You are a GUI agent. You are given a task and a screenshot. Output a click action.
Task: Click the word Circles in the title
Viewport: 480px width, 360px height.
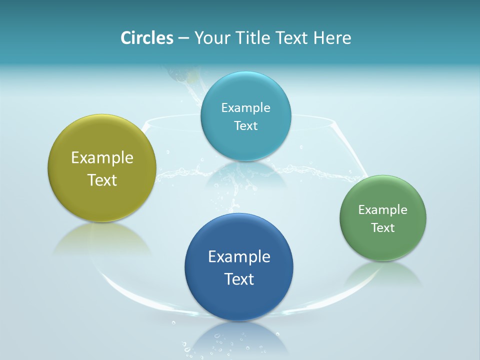[x=147, y=37]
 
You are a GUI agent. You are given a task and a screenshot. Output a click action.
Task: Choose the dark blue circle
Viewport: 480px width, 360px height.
[x=239, y=300]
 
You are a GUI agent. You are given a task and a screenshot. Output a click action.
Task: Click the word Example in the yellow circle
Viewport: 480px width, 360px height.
[x=102, y=158]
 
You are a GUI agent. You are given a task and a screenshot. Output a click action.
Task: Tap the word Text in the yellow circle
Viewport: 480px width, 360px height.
[x=102, y=180]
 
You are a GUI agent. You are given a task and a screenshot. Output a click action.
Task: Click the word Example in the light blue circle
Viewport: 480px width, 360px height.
[x=245, y=107]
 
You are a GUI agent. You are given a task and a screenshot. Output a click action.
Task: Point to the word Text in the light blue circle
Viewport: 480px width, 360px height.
[x=245, y=125]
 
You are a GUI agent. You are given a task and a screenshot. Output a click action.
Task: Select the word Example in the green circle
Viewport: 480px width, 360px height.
[x=382, y=209]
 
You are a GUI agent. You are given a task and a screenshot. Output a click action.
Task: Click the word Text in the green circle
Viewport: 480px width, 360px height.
[x=382, y=227]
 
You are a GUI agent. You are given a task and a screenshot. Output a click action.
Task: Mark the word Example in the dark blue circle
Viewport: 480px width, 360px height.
[x=239, y=257]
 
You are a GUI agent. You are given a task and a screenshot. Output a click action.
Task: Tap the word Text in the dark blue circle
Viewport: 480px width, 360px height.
[x=239, y=279]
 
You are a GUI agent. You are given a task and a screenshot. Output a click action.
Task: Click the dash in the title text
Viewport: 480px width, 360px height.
[x=183, y=38]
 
